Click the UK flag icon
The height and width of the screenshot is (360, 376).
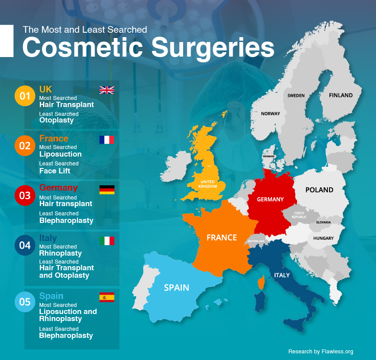[x=107, y=90]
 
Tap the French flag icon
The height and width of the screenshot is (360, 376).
[x=107, y=140]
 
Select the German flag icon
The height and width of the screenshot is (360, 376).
[x=107, y=190]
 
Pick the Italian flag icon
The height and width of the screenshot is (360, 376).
[x=107, y=241]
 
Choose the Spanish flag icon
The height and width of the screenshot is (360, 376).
[x=107, y=297]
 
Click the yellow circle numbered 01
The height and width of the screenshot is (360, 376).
[x=25, y=96]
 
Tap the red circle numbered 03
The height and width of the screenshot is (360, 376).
[x=25, y=195]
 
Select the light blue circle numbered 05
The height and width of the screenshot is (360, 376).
[x=25, y=302]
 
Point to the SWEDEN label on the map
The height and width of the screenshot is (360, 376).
[x=296, y=96]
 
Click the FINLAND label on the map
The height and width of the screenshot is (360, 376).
[x=341, y=95]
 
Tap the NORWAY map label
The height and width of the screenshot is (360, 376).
[x=270, y=114]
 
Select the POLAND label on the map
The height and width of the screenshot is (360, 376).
[x=319, y=190]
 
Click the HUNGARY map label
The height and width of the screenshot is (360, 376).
[x=323, y=238]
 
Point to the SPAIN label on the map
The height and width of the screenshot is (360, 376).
[x=176, y=287]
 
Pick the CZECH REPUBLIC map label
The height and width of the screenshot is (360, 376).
[x=299, y=215]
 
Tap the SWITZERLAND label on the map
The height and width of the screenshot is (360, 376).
[x=256, y=241]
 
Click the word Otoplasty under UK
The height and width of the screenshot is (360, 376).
[x=56, y=120]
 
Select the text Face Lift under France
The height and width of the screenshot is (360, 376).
[x=54, y=170]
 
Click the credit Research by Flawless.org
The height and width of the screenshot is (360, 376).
[x=321, y=352]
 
